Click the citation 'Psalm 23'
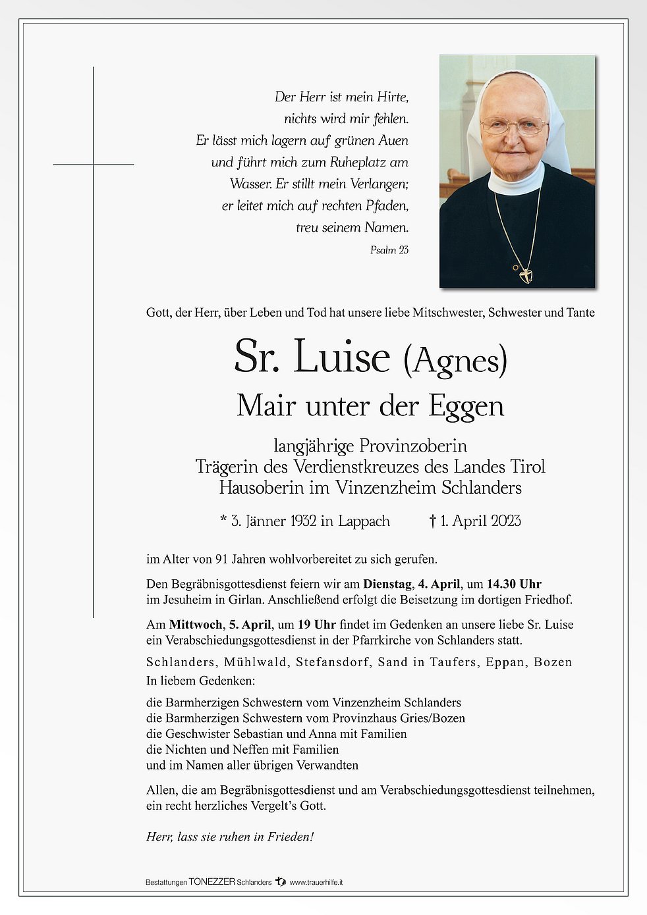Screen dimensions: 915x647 pyautogui.click(x=389, y=250)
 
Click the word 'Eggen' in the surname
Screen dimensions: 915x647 pyautogui.click(x=466, y=406)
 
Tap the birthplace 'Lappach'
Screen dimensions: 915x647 pyautogui.click(x=364, y=521)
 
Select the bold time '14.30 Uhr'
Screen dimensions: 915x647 pyautogui.click(x=514, y=584)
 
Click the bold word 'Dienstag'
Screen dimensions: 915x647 pyautogui.click(x=389, y=584)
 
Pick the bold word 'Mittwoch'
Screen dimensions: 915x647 pyautogui.click(x=195, y=625)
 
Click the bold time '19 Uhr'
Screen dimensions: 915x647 pyautogui.click(x=316, y=625)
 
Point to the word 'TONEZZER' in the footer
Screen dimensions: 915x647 pyautogui.click(x=211, y=882)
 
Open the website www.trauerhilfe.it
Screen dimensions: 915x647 pyautogui.click(x=316, y=882)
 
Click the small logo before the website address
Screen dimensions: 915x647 pyautogui.click(x=281, y=881)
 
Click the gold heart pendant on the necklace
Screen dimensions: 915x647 pyautogui.click(x=525, y=274)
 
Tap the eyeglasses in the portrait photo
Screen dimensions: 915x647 pyautogui.click(x=514, y=125)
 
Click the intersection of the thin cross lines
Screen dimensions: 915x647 pyautogui.click(x=93, y=164)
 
